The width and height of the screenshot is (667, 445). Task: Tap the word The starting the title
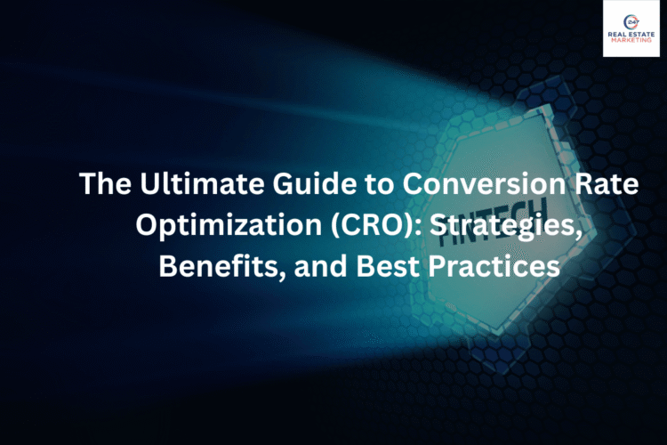(102, 184)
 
